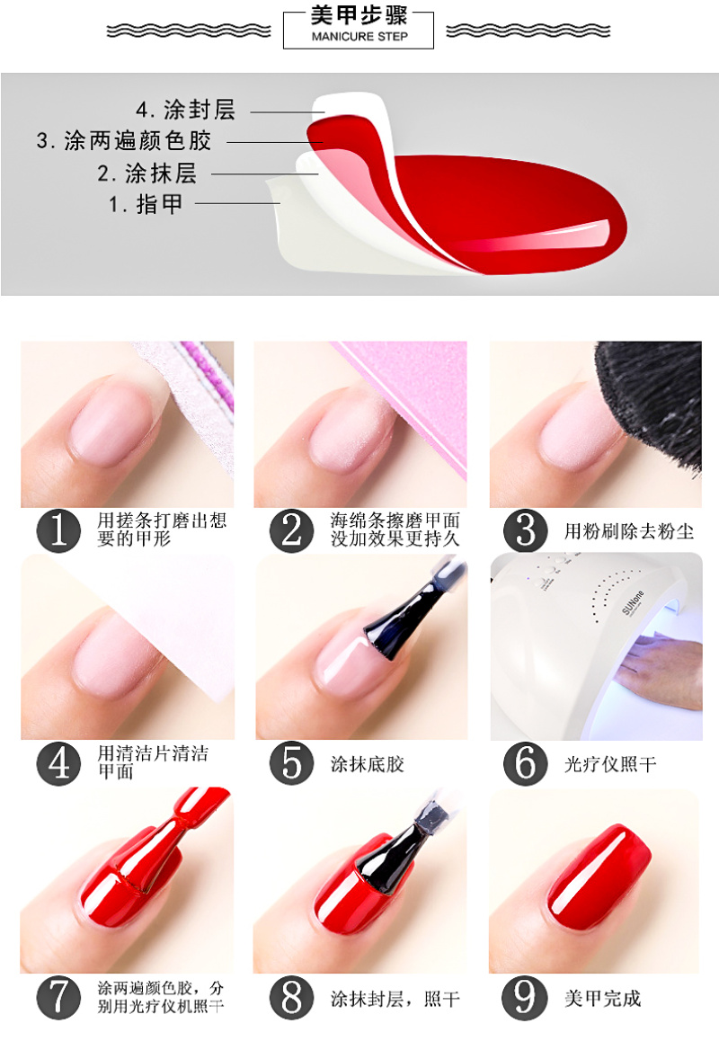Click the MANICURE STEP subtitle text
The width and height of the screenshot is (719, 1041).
pos(359,37)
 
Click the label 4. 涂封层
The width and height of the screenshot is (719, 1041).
pos(185,110)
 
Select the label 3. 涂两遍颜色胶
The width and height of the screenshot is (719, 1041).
pos(124,141)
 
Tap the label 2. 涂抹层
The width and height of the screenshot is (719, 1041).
pos(146,173)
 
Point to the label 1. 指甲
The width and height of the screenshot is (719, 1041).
pos(146,204)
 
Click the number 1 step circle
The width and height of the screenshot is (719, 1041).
pos(58,531)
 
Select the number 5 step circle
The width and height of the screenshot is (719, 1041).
pos(291,763)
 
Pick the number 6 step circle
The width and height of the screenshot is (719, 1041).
pos(525,763)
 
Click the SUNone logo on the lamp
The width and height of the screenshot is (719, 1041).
pos(633,603)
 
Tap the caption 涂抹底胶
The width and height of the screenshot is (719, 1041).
pos(368,764)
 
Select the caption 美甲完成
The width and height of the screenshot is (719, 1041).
pos(602,999)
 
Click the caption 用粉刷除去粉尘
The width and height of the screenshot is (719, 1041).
pos(629,531)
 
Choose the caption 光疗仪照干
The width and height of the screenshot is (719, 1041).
pos(610,764)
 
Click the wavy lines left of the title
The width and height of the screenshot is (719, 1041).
pos(190,31)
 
